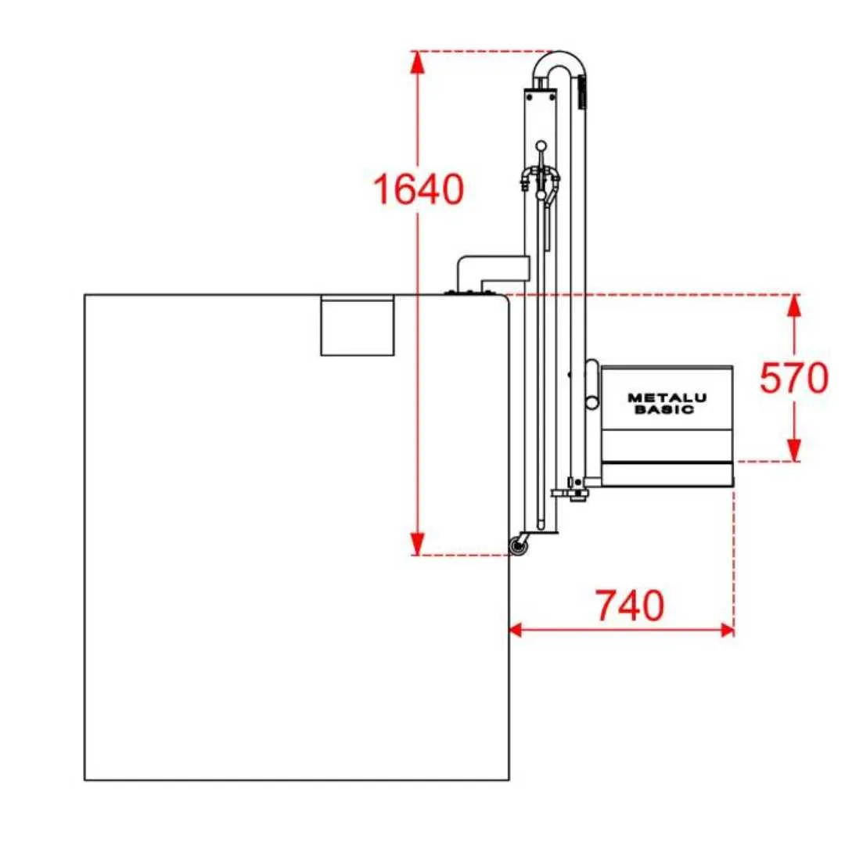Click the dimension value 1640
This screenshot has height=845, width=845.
pyautogui.click(x=418, y=189)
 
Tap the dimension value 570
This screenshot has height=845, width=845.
pyautogui.click(x=794, y=378)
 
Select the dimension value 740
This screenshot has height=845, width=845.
pyautogui.click(x=629, y=606)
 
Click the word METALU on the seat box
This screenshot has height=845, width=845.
pyautogui.click(x=667, y=398)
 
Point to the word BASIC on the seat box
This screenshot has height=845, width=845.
pyautogui.click(x=664, y=409)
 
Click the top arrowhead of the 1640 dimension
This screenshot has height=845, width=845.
pyautogui.click(x=418, y=62)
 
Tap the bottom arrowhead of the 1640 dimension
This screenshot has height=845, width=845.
pyautogui.click(x=418, y=543)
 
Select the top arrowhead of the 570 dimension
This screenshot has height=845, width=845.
pyautogui.click(x=794, y=306)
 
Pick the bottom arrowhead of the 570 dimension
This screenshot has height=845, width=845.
pyautogui.click(x=794, y=450)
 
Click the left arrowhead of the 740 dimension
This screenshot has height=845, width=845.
pyautogui.click(x=515, y=629)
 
